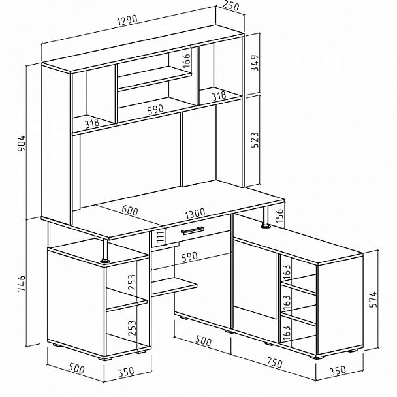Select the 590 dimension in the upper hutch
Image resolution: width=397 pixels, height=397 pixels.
click(x=155, y=110)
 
